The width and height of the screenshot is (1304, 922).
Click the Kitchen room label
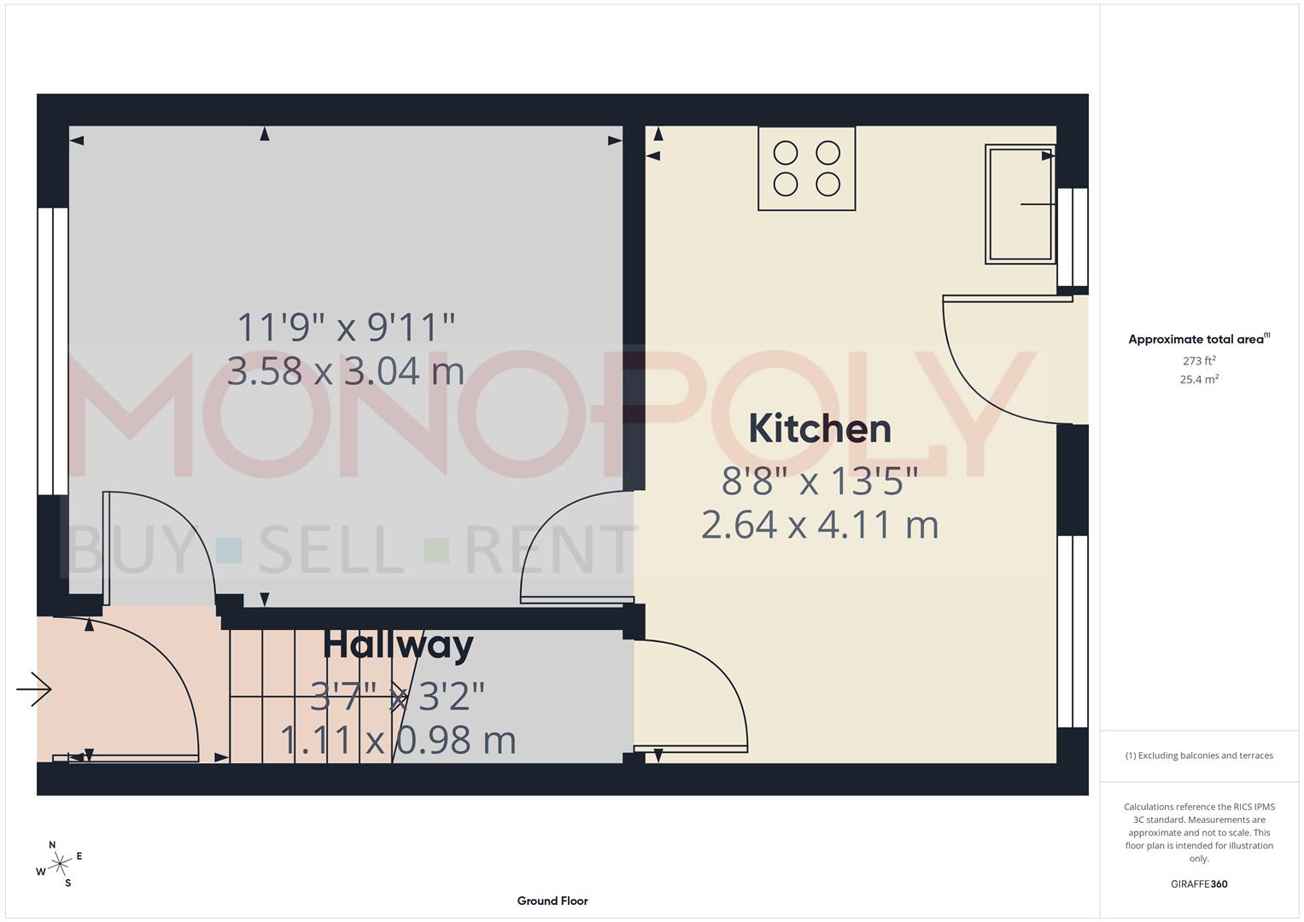tap(820, 429)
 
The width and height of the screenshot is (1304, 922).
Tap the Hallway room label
tap(398, 645)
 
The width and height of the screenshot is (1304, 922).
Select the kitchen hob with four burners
tap(806, 168)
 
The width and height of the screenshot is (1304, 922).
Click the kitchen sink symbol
tap(1020, 204)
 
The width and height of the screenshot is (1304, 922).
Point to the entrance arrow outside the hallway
tap(34, 689)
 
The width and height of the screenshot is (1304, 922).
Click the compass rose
tap(59, 864)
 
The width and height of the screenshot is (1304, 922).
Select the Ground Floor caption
tap(553, 901)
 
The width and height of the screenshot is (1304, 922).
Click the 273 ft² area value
tap(1199, 361)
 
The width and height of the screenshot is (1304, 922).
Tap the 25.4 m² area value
tap(1199, 380)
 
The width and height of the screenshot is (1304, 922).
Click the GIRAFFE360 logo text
tap(1199, 884)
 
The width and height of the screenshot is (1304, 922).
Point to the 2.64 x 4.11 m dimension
tap(820, 524)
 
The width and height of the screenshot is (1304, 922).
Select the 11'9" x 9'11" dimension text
tap(346, 327)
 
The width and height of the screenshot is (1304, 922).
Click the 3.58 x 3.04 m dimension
tap(346, 371)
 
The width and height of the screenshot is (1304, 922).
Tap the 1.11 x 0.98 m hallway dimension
tap(398, 740)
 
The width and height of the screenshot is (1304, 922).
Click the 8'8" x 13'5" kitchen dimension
tap(820, 482)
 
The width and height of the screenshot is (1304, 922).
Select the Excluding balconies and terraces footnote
tap(1199, 756)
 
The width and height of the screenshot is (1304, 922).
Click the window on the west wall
tap(53, 351)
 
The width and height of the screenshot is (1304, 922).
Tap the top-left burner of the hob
tap(786, 153)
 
